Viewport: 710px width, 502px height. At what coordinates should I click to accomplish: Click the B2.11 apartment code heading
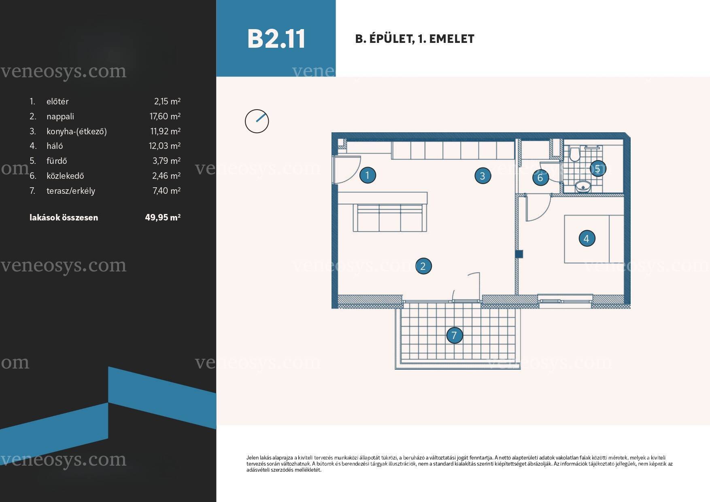tap(276, 39)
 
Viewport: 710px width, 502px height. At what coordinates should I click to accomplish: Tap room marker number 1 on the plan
tap(368, 175)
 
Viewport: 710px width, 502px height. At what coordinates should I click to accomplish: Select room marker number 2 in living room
tap(423, 266)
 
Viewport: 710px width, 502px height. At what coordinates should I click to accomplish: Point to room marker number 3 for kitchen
tap(483, 176)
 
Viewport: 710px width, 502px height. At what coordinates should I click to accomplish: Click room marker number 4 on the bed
tap(587, 239)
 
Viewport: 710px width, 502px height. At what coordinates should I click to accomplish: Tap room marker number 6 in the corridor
tap(540, 178)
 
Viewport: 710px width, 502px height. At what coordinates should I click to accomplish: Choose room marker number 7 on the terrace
tap(454, 335)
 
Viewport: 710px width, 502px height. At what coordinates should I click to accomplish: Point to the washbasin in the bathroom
tap(582, 186)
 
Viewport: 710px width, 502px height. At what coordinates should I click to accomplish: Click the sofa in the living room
tap(390, 218)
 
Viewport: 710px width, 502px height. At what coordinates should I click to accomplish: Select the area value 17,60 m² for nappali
tap(165, 116)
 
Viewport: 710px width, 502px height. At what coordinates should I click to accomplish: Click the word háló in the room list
tap(55, 146)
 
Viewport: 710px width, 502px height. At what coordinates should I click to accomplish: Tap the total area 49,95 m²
tap(163, 218)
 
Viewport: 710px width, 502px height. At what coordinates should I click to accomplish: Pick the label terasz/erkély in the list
tap(71, 191)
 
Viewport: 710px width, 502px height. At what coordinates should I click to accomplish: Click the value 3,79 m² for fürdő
tap(166, 161)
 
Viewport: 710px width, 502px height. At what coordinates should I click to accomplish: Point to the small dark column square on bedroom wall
tap(519, 254)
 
